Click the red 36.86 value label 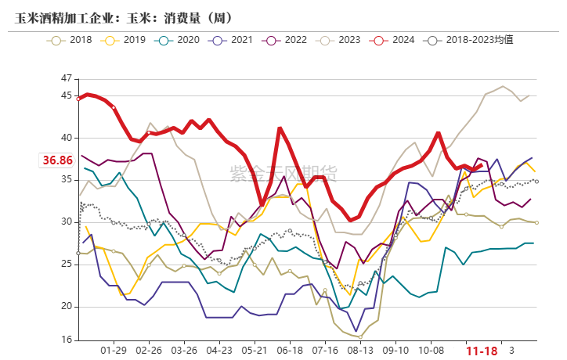click(x=57, y=160)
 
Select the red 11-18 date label click(x=481, y=351)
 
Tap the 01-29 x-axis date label click(x=115, y=351)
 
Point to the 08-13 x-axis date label click(x=360, y=351)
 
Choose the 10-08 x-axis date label click(x=431, y=351)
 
